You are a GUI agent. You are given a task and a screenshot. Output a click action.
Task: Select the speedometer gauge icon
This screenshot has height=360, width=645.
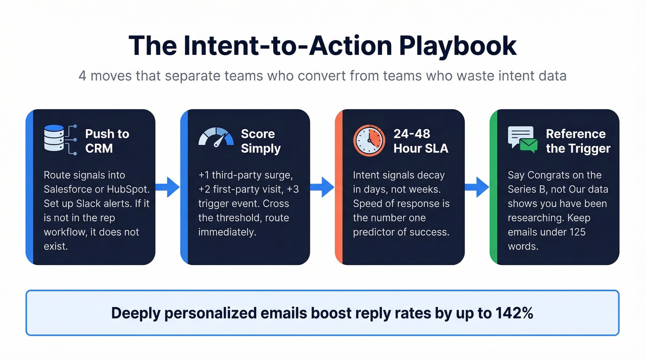[216, 137]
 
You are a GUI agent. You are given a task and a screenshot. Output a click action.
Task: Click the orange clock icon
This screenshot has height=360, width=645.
[369, 140]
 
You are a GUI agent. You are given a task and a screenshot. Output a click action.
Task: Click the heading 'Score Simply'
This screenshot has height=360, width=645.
[260, 141]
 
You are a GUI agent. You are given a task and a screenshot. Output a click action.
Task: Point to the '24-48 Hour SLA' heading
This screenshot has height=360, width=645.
[421, 141]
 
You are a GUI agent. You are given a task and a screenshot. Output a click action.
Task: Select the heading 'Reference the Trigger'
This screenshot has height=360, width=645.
[578, 141]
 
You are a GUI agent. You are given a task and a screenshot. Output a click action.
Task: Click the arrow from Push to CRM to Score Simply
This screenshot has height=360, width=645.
[167, 187]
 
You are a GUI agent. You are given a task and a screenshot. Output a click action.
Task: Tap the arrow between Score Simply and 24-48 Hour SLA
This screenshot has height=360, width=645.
[322, 187]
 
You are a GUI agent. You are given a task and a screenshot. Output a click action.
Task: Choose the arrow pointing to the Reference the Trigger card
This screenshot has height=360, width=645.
[477, 187]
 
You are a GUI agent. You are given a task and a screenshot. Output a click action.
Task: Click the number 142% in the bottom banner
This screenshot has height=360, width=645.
[515, 313]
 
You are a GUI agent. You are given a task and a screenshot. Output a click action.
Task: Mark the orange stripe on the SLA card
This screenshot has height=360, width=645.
[339, 187]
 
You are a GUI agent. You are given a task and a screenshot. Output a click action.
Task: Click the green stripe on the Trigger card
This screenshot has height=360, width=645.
[493, 187]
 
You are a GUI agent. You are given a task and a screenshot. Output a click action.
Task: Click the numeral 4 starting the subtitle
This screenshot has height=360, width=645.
[82, 76]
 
